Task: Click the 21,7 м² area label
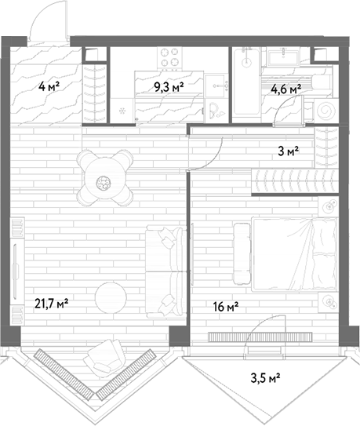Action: click(51, 304)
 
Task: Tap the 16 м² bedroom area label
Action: click(226, 307)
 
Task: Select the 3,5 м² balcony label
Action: click(265, 378)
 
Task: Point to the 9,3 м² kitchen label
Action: click(169, 88)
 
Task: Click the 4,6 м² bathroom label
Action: click(286, 89)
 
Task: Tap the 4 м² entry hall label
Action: click(49, 87)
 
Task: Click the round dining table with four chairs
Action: click(105, 178)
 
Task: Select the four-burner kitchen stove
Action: click(169, 59)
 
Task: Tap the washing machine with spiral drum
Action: click(325, 111)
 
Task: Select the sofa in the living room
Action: click(165, 271)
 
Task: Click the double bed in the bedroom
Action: click(294, 254)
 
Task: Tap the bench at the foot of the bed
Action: click(242, 253)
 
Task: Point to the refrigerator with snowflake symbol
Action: click(122, 111)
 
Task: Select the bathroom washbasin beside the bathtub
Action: click(283, 56)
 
